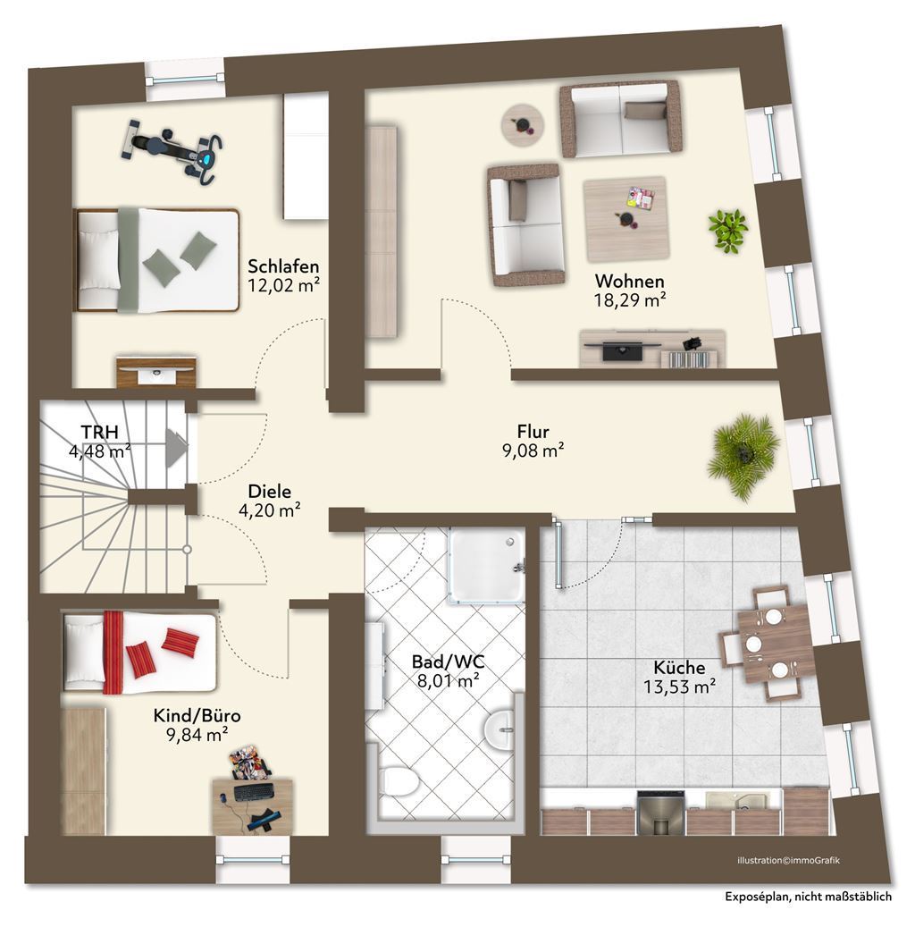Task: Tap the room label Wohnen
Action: (630, 281)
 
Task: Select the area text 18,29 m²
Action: (630, 301)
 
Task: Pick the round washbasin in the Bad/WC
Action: (500, 730)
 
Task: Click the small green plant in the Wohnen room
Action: (728, 229)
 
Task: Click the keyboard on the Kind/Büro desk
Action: (256, 792)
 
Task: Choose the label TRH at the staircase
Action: (99, 432)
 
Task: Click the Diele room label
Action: (270, 491)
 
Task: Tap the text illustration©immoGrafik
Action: (788, 861)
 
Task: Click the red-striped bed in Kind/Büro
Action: (139, 652)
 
